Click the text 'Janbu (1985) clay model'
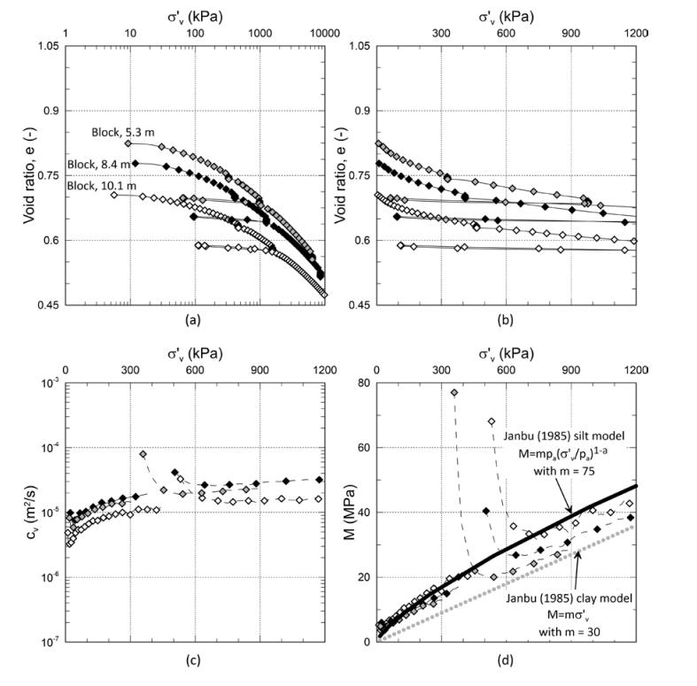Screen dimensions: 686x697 [565, 599]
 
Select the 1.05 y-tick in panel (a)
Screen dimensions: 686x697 [46, 46]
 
